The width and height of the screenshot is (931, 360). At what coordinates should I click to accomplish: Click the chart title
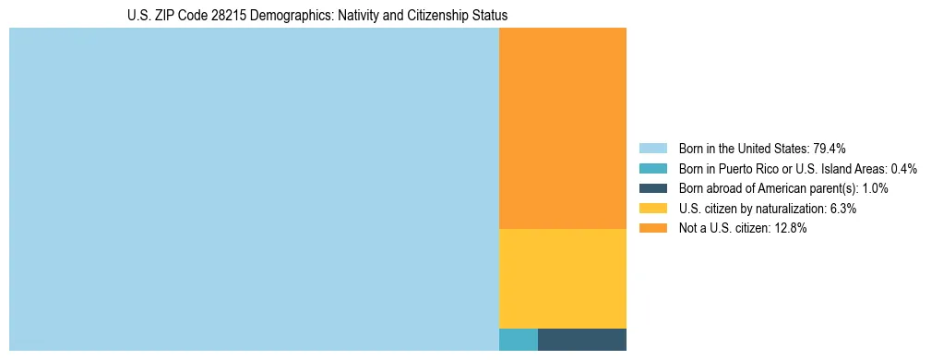(317, 16)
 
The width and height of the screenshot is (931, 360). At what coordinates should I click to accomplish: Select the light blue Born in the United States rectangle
(254, 189)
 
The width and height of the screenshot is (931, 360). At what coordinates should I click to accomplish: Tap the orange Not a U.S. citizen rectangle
(563, 128)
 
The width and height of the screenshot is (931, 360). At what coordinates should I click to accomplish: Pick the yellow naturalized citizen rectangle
(563, 278)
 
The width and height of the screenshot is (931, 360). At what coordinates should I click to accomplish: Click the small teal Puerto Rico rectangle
(519, 339)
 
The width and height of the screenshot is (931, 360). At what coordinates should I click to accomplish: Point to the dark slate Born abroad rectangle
(582, 339)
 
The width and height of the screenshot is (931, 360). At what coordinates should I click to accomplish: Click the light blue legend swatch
(653, 149)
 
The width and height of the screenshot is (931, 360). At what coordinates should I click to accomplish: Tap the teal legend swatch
(653, 169)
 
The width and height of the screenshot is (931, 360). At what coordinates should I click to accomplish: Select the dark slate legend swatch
(653, 188)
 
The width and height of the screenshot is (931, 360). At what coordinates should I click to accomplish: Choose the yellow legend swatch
(653, 209)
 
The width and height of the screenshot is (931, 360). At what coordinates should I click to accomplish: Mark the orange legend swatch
(653, 229)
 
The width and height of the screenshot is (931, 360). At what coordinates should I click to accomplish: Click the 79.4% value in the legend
(830, 149)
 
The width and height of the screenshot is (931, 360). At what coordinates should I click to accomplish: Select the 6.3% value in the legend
(843, 209)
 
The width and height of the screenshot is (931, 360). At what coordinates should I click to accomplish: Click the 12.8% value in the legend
(792, 229)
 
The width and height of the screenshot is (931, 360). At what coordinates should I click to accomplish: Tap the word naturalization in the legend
(792, 209)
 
